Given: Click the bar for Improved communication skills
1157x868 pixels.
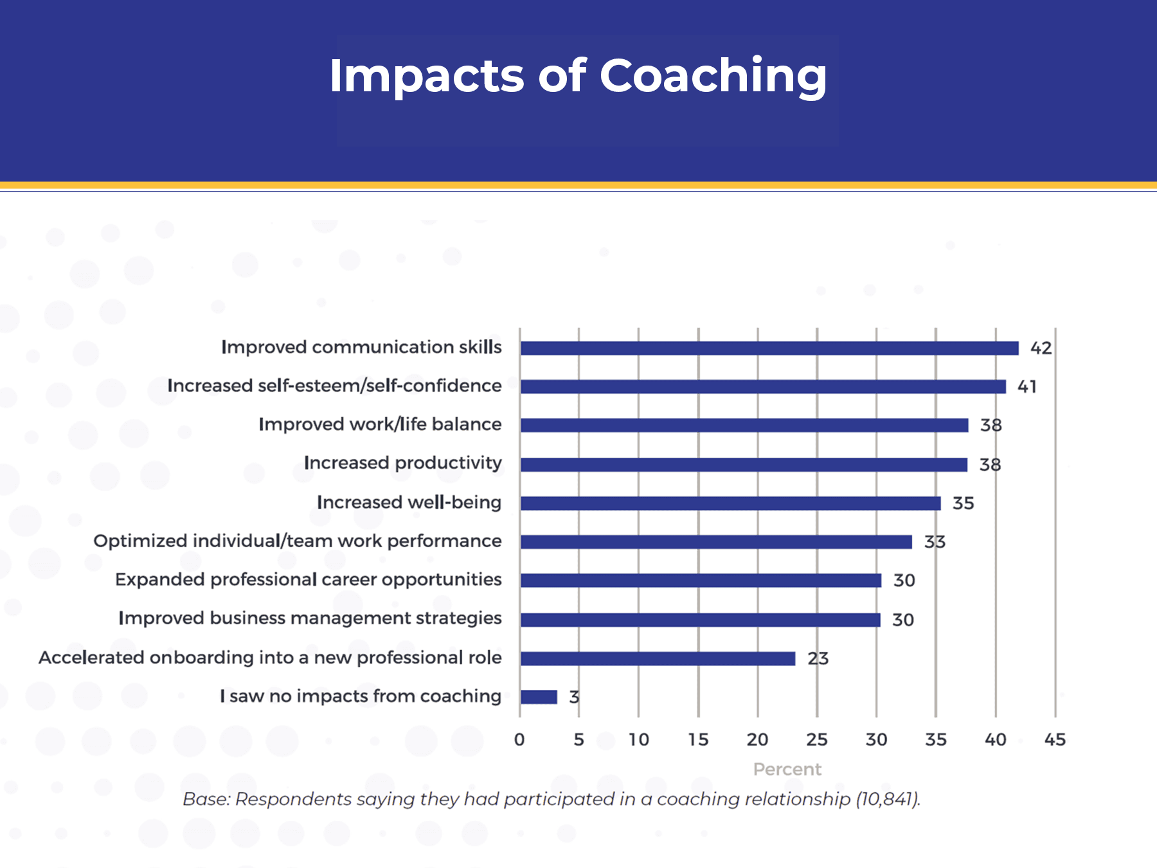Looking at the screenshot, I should (769, 348).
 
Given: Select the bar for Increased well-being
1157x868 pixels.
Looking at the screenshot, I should (730, 503).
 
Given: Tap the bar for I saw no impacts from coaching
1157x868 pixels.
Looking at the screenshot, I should (539, 697).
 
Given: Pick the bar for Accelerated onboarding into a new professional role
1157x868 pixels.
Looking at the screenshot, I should (658, 658).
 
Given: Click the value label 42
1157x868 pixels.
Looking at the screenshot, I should (1041, 348).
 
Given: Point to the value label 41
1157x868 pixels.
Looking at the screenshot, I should (1027, 386).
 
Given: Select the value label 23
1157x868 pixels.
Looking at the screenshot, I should (818, 658).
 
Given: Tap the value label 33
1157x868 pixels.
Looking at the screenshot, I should (935, 542).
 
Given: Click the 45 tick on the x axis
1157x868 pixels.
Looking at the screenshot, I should (1055, 739).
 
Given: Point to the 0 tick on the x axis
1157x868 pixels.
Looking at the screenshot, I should (519, 739).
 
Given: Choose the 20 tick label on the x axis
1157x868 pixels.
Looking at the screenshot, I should (757, 739).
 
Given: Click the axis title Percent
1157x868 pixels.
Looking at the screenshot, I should (787, 769).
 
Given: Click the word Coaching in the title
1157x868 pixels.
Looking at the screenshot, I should (713, 76).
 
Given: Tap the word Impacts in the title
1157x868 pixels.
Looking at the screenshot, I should (426, 76).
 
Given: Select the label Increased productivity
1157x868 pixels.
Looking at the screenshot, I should (402, 463).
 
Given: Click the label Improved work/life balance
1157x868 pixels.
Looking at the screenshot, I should (380, 424).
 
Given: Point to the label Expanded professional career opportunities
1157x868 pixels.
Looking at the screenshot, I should (308, 579).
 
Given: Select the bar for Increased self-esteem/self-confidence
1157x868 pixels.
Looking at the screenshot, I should (762, 386).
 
